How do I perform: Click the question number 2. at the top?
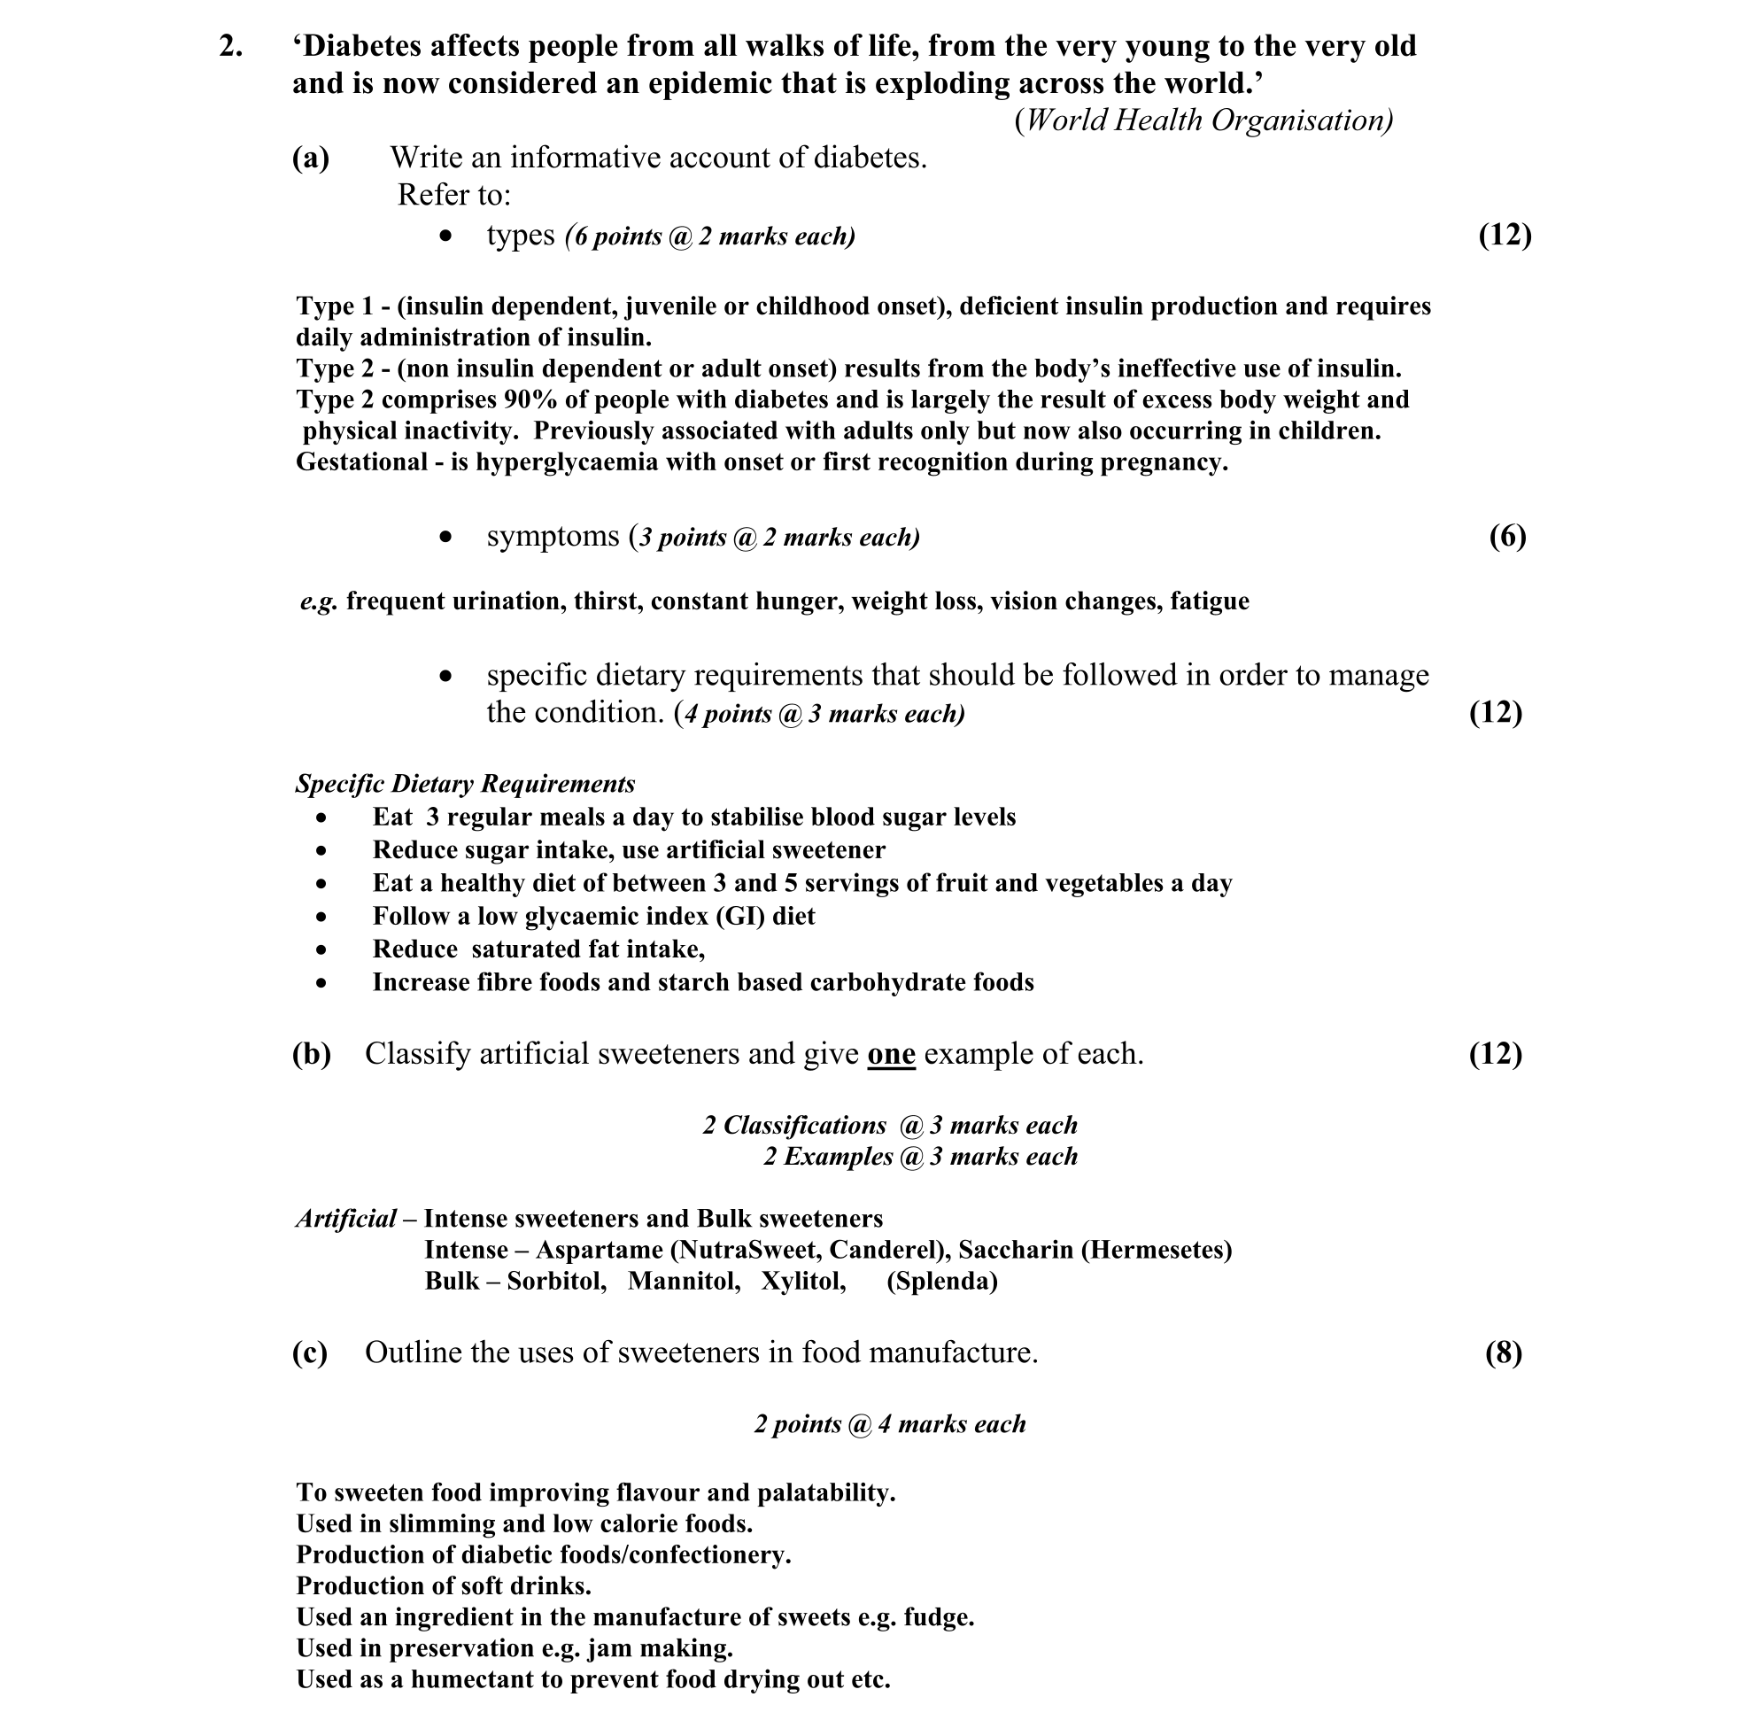pyautogui.click(x=231, y=46)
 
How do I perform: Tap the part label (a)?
pyautogui.click(x=311, y=159)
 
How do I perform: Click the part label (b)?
pyautogui.click(x=312, y=1054)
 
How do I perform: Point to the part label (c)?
pyautogui.click(x=310, y=1352)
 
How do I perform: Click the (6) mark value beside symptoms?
pyautogui.click(x=1507, y=537)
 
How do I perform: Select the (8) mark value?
pyautogui.click(x=1503, y=1352)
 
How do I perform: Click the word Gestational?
pyautogui.click(x=360, y=462)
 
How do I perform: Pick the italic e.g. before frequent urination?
pyautogui.click(x=319, y=601)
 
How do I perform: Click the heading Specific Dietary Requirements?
pyautogui.click(x=465, y=784)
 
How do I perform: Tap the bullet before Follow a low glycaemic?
pyautogui.click(x=321, y=918)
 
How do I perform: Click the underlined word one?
pyautogui.click(x=891, y=1054)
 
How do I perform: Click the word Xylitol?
pyautogui.click(x=803, y=1282)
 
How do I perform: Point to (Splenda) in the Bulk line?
pyautogui.click(x=941, y=1282)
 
